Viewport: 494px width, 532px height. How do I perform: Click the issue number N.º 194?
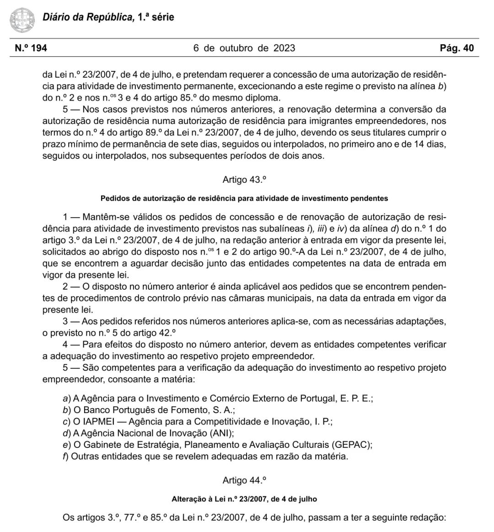tap(31, 48)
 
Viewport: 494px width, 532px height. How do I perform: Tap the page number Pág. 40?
tap(456, 48)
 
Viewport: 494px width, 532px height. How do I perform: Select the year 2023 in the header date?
tap(284, 48)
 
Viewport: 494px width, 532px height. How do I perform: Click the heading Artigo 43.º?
tap(244, 180)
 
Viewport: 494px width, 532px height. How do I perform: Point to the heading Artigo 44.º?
tap(244, 480)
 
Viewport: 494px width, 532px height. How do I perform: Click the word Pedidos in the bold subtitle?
tap(114, 198)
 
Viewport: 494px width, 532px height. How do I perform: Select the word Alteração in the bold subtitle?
tap(188, 499)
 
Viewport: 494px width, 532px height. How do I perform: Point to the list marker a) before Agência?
tap(67, 399)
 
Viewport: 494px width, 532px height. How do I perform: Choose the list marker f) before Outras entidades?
tap(66, 456)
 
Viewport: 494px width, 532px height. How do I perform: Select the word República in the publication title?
tap(110, 18)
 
